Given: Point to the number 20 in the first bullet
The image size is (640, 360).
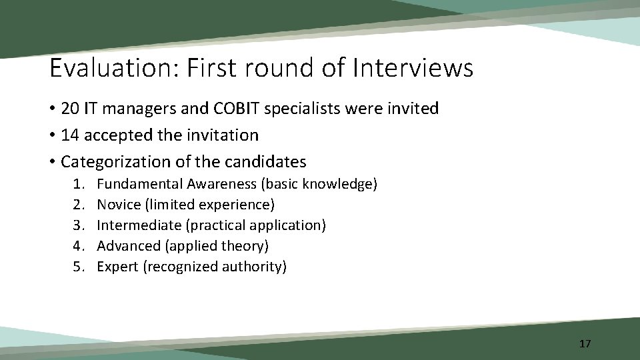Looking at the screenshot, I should [69, 108].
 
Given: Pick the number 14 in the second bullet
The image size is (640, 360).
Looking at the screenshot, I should [69, 135].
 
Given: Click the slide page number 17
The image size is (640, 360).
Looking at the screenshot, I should [585, 344].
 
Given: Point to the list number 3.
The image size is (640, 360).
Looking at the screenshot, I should [79, 225].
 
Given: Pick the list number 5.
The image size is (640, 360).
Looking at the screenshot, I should [79, 267].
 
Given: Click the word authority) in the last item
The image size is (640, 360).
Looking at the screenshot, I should [256, 267].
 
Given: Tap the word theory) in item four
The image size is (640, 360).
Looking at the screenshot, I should [247, 246].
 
